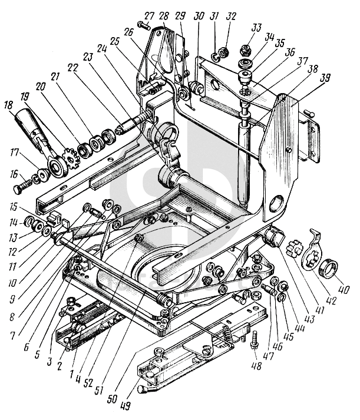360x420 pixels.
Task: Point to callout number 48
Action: point(256,365)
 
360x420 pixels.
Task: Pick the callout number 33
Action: point(256,28)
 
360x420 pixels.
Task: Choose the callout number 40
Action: point(344,289)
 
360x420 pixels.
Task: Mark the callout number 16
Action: point(14,174)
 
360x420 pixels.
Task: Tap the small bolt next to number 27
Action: point(144,26)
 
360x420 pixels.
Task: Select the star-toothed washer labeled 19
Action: point(71,160)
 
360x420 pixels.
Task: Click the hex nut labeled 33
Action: point(245,55)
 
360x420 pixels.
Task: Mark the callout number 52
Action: point(88,383)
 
